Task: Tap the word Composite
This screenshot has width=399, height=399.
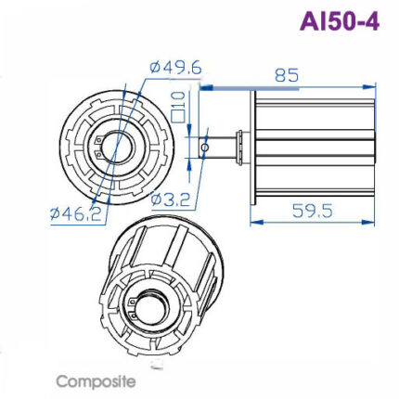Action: (x=96, y=380)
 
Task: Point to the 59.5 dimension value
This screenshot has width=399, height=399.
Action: (x=312, y=211)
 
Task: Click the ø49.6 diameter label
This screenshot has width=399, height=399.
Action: (x=175, y=68)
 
